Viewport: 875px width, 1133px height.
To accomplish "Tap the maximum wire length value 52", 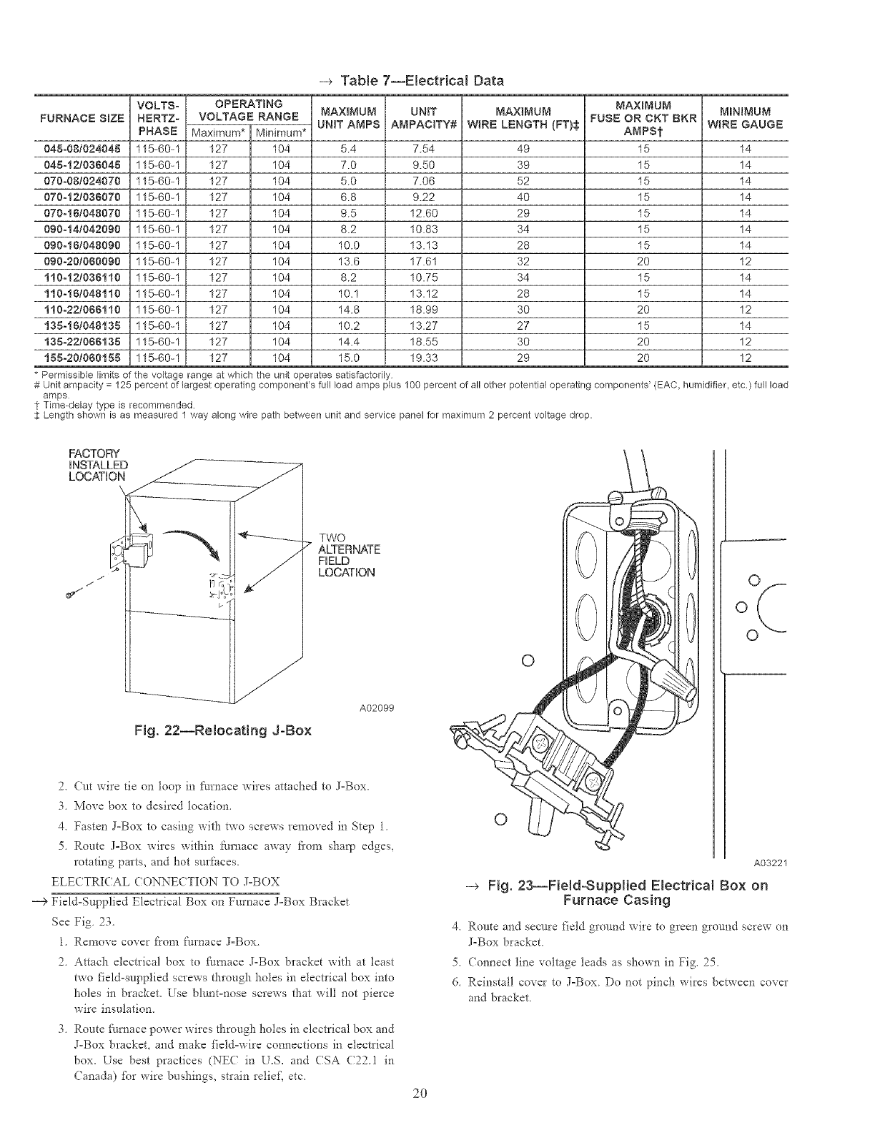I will click(523, 181).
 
